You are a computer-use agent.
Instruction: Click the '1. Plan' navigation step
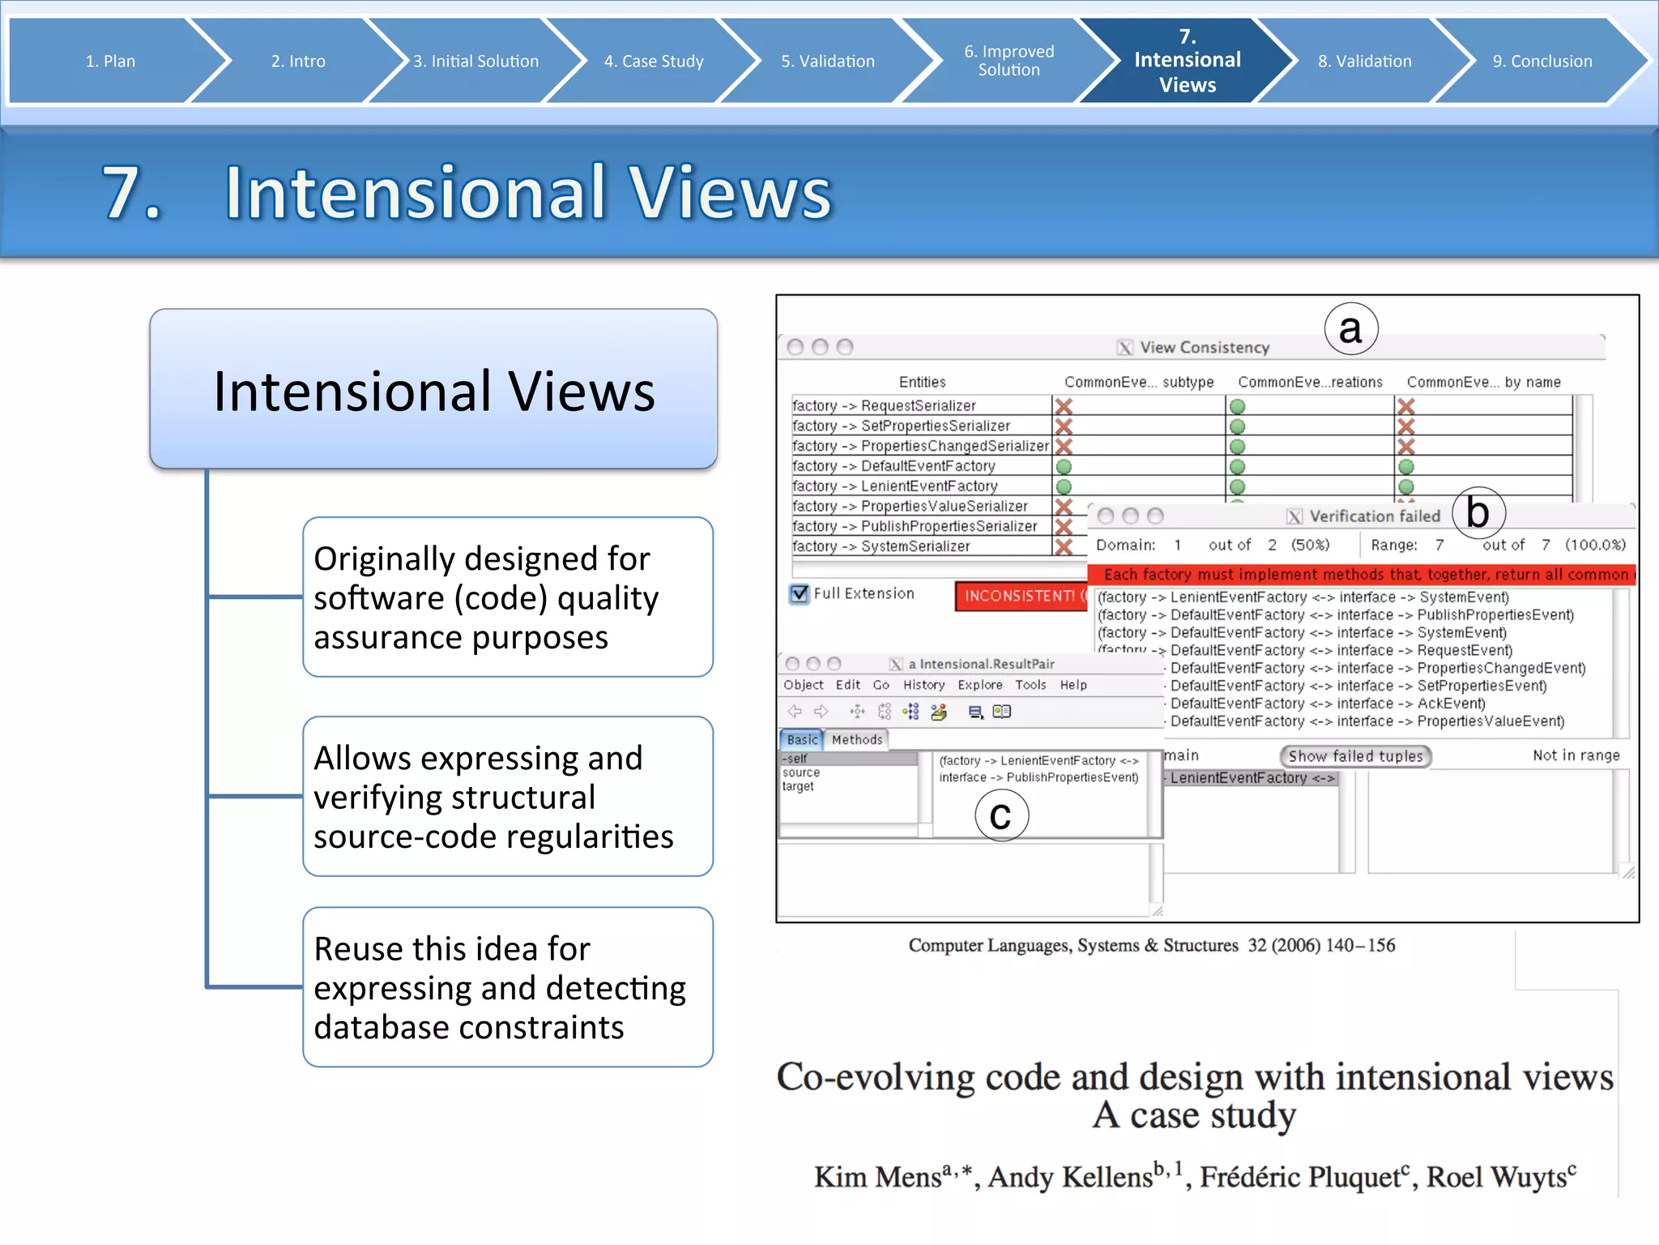point(110,61)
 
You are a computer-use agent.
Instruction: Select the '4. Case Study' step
point(654,61)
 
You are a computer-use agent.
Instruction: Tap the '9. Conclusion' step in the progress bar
point(1542,61)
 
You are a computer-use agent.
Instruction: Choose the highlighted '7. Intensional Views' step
point(1187,61)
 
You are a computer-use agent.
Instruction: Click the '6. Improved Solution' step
point(1009,61)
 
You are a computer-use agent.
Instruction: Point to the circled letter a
point(1350,329)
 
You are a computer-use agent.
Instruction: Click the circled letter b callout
point(1478,512)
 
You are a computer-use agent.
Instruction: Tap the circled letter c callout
point(1001,815)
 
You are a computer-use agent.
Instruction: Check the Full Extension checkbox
point(800,593)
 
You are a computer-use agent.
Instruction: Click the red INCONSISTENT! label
point(1021,596)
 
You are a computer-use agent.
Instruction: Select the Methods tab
point(856,739)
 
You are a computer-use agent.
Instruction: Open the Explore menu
point(979,685)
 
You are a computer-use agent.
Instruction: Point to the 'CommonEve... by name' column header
point(1483,382)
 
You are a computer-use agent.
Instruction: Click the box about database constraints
point(507,987)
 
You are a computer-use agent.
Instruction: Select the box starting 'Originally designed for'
point(507,597)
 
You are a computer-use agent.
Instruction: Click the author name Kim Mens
point(878,1177)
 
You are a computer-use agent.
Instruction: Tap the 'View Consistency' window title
point(1204,348)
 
